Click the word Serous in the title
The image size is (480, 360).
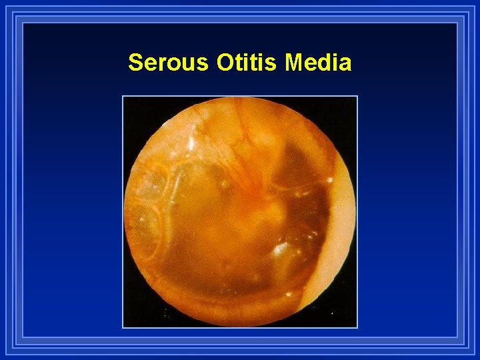click(x=169, y=63)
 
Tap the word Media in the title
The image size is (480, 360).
click(x=318, y=63)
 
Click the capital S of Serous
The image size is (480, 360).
click(x=135, y=63)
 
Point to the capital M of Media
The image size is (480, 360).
click(x=293, y=63)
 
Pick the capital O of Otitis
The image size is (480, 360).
click(x=225, y=63)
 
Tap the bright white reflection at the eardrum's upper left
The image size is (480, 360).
click(x=191, y=142)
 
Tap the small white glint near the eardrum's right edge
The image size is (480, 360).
click(x=330, y=180)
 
